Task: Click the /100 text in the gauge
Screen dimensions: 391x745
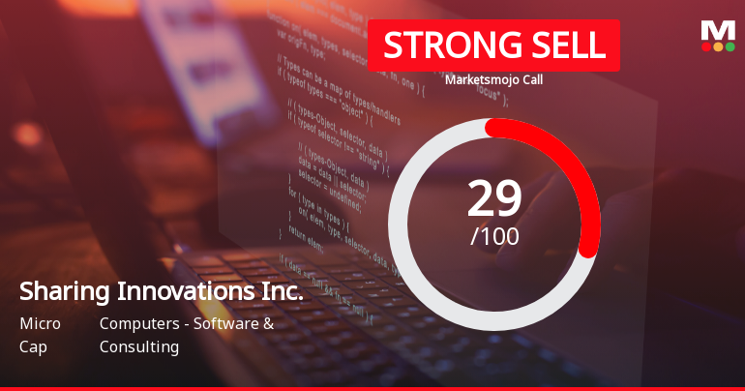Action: point(494,236)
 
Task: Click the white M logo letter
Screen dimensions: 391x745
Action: point(718,30)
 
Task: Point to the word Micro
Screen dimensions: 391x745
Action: point(40,323)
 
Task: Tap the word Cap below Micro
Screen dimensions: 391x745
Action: point(33,346)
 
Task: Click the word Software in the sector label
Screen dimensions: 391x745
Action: point(229,323)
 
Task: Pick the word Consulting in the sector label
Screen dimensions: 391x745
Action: point(139,346)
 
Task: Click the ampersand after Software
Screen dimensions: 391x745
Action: point(268,323)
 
